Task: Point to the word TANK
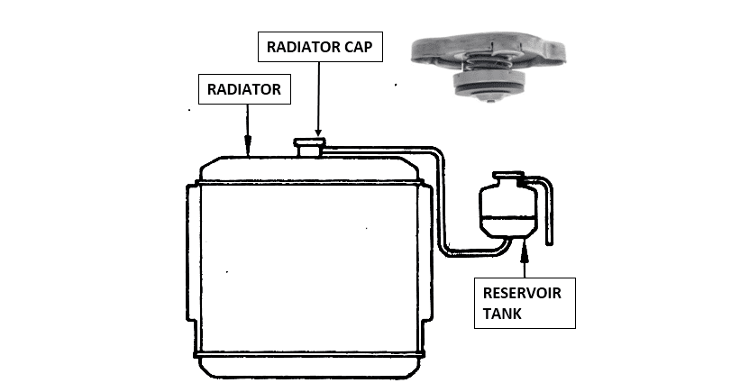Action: pyautogui.click(x=502, y=313)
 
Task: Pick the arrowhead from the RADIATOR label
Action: pyautogui.click(x=248, y=141)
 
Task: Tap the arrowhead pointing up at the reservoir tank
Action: pyautogui.click(x=524, y=245)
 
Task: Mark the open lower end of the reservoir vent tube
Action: pyautogui.click(x=552, y=242)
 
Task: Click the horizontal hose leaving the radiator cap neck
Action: pyautogui.click(x=379, y=148)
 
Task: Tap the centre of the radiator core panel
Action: pyautogui.click(x=306, y=266)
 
